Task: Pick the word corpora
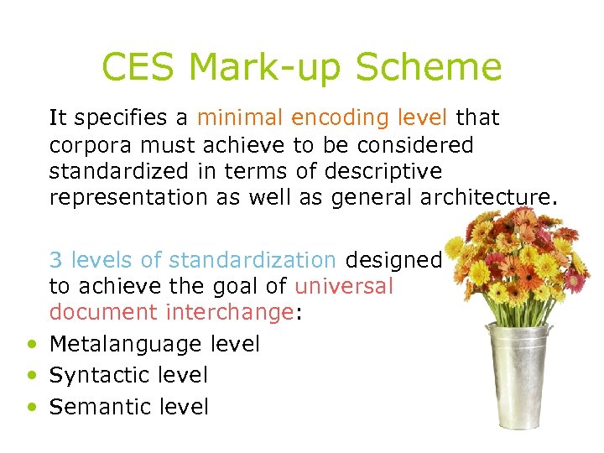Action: click(87, 146)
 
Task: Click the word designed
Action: click(393, 261)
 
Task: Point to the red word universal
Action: click(344, 286)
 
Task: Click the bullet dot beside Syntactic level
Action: click(31, 376)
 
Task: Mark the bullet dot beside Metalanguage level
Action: click(31, 344)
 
